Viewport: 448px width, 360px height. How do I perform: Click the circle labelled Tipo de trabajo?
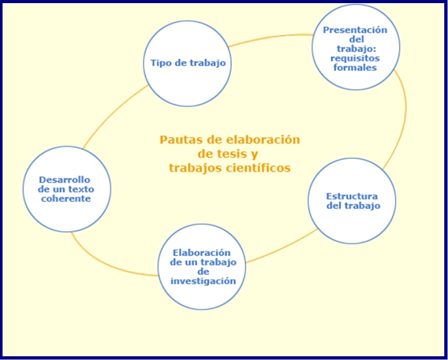coord(187,63)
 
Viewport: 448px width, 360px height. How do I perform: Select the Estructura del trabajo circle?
coord(352,201)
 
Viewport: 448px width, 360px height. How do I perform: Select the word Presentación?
coord(355,30)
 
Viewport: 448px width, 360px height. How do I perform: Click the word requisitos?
coord(355,58)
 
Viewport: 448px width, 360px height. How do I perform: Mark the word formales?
coord(355,67)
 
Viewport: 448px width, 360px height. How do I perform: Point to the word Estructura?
coord(352,196)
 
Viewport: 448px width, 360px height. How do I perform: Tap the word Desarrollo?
coord(64,180)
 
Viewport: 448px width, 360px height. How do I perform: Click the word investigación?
coord(203,280)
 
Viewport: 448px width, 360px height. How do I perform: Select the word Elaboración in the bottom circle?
coord(203,252)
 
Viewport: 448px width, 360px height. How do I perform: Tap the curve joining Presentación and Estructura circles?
coord(404,118)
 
